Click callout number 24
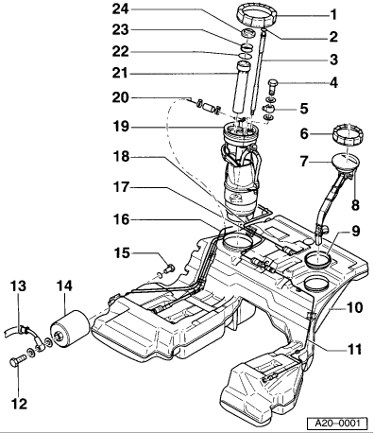121,9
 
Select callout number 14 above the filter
64,286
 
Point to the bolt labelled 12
18,361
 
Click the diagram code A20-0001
337,423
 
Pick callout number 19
121,127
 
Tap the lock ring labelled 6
348,134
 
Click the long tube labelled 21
240,87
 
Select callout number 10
354,307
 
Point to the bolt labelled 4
273,86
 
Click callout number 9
355,232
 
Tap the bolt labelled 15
169,268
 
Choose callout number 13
18,286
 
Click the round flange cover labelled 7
346,163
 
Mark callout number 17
121,187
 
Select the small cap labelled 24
248,33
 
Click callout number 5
304,109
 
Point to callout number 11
354,349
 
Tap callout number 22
121,51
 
